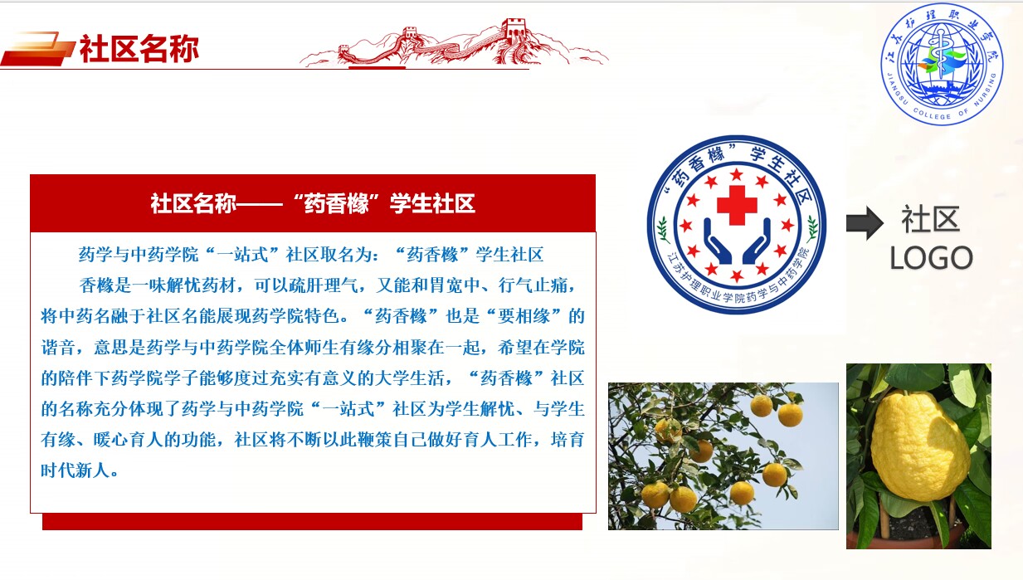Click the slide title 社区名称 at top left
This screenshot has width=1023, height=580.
point(139,48)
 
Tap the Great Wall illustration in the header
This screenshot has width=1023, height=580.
point(454,42)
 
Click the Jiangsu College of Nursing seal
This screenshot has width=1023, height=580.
point(942,63)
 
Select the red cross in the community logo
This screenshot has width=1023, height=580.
point(737,205)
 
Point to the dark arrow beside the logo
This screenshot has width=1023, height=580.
point(864,223)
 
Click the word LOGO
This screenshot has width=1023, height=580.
point(931,258)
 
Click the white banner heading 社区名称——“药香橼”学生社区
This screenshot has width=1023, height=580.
point(313,203)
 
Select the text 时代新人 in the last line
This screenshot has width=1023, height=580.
point(76,470)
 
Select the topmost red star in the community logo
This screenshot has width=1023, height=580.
point(736,174)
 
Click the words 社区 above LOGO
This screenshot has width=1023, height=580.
point(930,220)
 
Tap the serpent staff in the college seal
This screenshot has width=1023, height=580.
point(942,60)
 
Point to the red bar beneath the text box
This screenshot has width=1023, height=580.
point(313,522)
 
